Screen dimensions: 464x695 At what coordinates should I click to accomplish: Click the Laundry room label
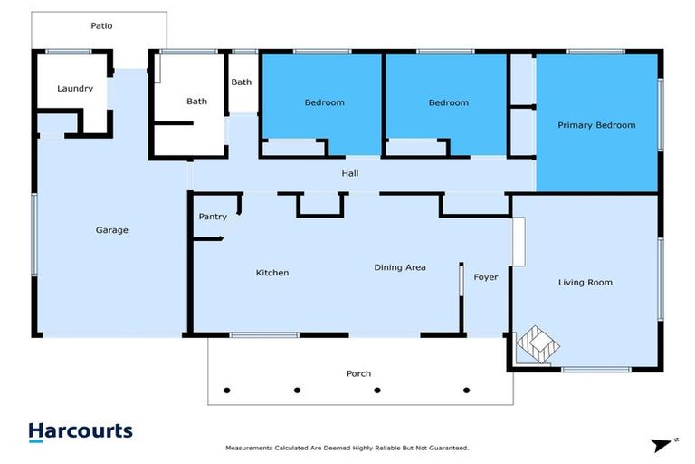tap(75, 89)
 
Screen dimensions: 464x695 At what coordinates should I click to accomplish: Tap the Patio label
tap(101, 26)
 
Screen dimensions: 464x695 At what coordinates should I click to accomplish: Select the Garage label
tap(112, 230)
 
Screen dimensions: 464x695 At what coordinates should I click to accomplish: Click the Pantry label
tap(213, 217)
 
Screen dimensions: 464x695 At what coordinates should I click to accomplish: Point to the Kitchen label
tap(272, 273)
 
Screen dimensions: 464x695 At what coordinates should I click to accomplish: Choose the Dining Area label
tap(400, 267)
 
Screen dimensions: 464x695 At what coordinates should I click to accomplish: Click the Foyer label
tap(486, 277)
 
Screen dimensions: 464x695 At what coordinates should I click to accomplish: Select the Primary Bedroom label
tap(596, 125)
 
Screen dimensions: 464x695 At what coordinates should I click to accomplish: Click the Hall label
tap(350, 172)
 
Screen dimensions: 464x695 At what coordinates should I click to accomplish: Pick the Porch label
tap(358, 373)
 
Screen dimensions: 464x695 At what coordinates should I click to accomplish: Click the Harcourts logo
tap(81, 432)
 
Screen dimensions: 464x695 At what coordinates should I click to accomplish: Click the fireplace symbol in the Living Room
tap(534, 345)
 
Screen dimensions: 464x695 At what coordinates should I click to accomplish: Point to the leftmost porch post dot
tap(227, 391)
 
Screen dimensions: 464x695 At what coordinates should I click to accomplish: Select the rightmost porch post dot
tap(467, 391)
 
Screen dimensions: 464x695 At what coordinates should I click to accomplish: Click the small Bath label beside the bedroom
tap(242, 82)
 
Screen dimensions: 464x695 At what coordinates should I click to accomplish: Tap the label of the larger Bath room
tap(196, 101)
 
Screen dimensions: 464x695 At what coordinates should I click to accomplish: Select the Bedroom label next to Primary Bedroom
tap(449, 103)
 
